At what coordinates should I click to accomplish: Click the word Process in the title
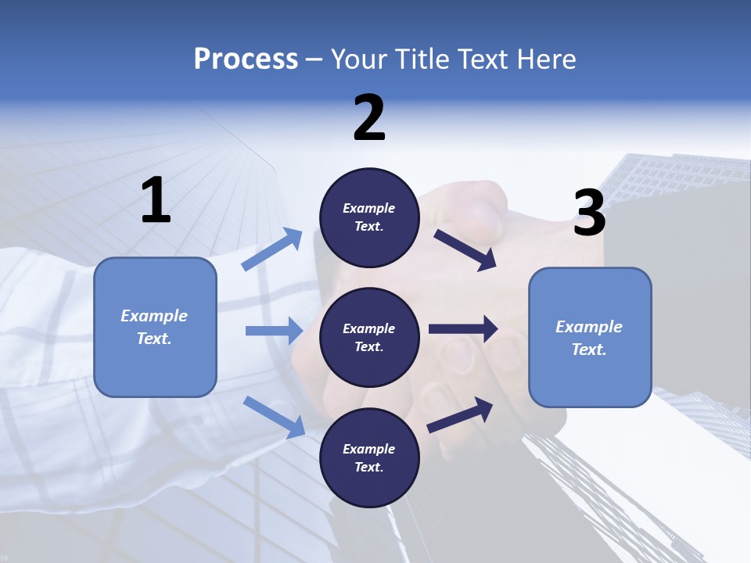pyautogui.click(x=246, y=59)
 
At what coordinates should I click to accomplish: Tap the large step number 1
pyautogui.click(x=156, y=201)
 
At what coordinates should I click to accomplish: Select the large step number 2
pyautogui.click(x=369, y=118)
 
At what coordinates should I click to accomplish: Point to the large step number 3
pyautogui.click(x=589, y=213)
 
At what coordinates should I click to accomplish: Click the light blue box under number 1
pyautogui.click(x=155, y=327)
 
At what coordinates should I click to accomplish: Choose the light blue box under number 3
pyautogui.click(x=590, y=338)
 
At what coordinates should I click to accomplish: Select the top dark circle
pyautogui.click(x=369, y=217)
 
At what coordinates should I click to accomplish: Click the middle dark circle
pyautogui.click(x=369, y=338)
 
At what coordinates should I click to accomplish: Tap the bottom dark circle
pyautogui.click(x=369, y=458)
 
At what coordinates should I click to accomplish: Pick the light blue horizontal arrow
pyautogui.click(x=274, y=331)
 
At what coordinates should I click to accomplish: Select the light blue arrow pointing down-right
pyautogui.click(x=275, y=417)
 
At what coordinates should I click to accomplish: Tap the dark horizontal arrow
pyautogui.click(x=463, y=329)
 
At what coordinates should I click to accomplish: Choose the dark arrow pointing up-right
pyautogui.click(x=461, y=414)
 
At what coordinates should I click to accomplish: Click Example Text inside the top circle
pyautogui.click(x=369, y=217)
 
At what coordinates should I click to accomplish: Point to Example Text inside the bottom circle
pyautogui.click(x=369, y=458)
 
